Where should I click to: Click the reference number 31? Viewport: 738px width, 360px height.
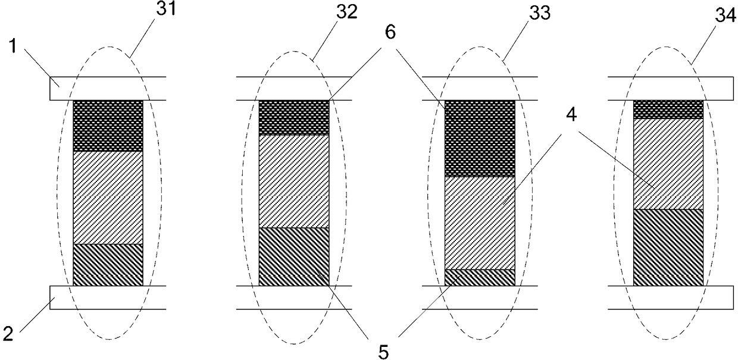[167, 9]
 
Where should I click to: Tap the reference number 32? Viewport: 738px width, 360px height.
[346, 12]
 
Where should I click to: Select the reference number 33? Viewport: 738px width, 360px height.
[540, 13]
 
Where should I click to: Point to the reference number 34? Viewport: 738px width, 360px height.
[725, 15]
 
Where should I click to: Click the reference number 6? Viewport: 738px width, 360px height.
[390, 32]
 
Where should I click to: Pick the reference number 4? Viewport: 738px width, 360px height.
[571, 115]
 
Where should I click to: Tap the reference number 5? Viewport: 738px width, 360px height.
[383, 352]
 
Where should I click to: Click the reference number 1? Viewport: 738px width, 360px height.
[13, 46]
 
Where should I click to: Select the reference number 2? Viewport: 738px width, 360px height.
[8, 333]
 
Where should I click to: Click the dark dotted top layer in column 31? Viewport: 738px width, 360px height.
[108, 126]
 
